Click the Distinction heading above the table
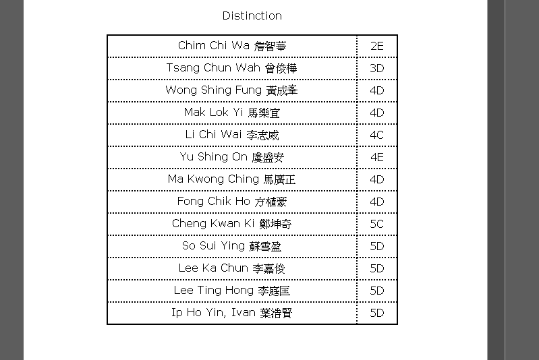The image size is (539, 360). [x=252, y=16]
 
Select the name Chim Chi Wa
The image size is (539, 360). [x=232, y=46]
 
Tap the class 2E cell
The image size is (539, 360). [x=376, y=46]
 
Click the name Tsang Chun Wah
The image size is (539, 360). [x=231, y=68]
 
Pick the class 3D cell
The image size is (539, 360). [x=376, y=68]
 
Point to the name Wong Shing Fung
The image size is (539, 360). [x=231, y=90]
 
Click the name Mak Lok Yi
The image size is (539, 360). [x=232, y=113]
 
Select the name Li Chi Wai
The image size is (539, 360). [x=232, y=135]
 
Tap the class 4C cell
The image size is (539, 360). [x=376, y=135]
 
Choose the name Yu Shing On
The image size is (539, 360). [x=232, y=157]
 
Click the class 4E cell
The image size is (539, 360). [x=376, y=157]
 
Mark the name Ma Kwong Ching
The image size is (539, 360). [x=231, y=179]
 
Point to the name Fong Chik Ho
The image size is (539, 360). [x=232, y=202]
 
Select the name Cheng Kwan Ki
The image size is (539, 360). [x=232, y=224]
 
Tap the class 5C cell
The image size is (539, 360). [x=376, y=224]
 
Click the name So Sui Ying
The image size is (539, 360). [x=232, y=246]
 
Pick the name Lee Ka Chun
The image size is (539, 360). [x=232, y=268]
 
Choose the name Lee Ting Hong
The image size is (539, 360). [x=232, y=291]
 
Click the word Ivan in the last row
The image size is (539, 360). [x=244, y=312]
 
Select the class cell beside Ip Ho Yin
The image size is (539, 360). [x=376, y=313]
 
